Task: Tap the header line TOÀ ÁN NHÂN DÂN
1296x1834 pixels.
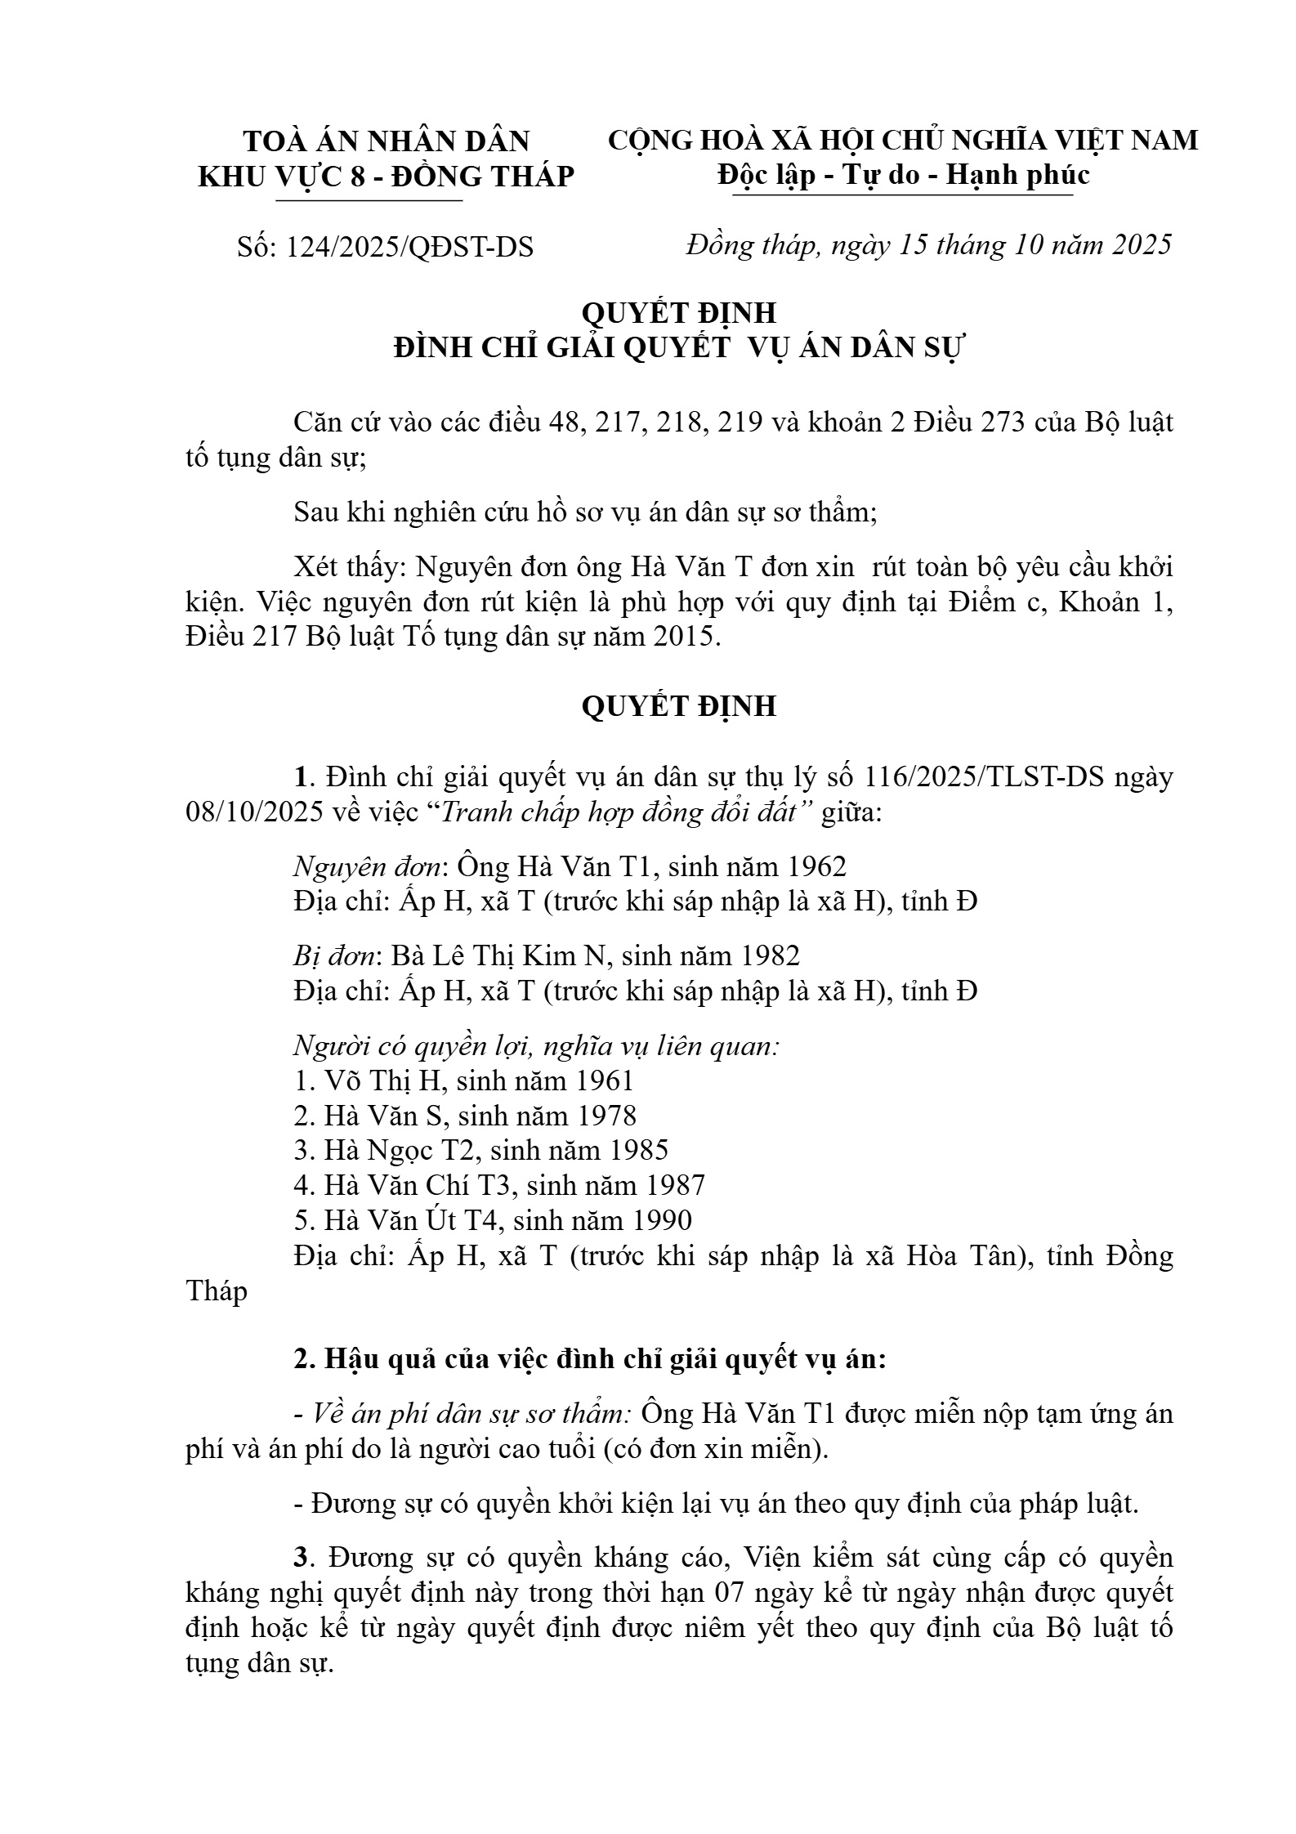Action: [387, 141]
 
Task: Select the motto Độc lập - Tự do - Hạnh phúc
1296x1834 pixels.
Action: [903, 175]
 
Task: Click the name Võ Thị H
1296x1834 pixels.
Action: [384, 1080]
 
